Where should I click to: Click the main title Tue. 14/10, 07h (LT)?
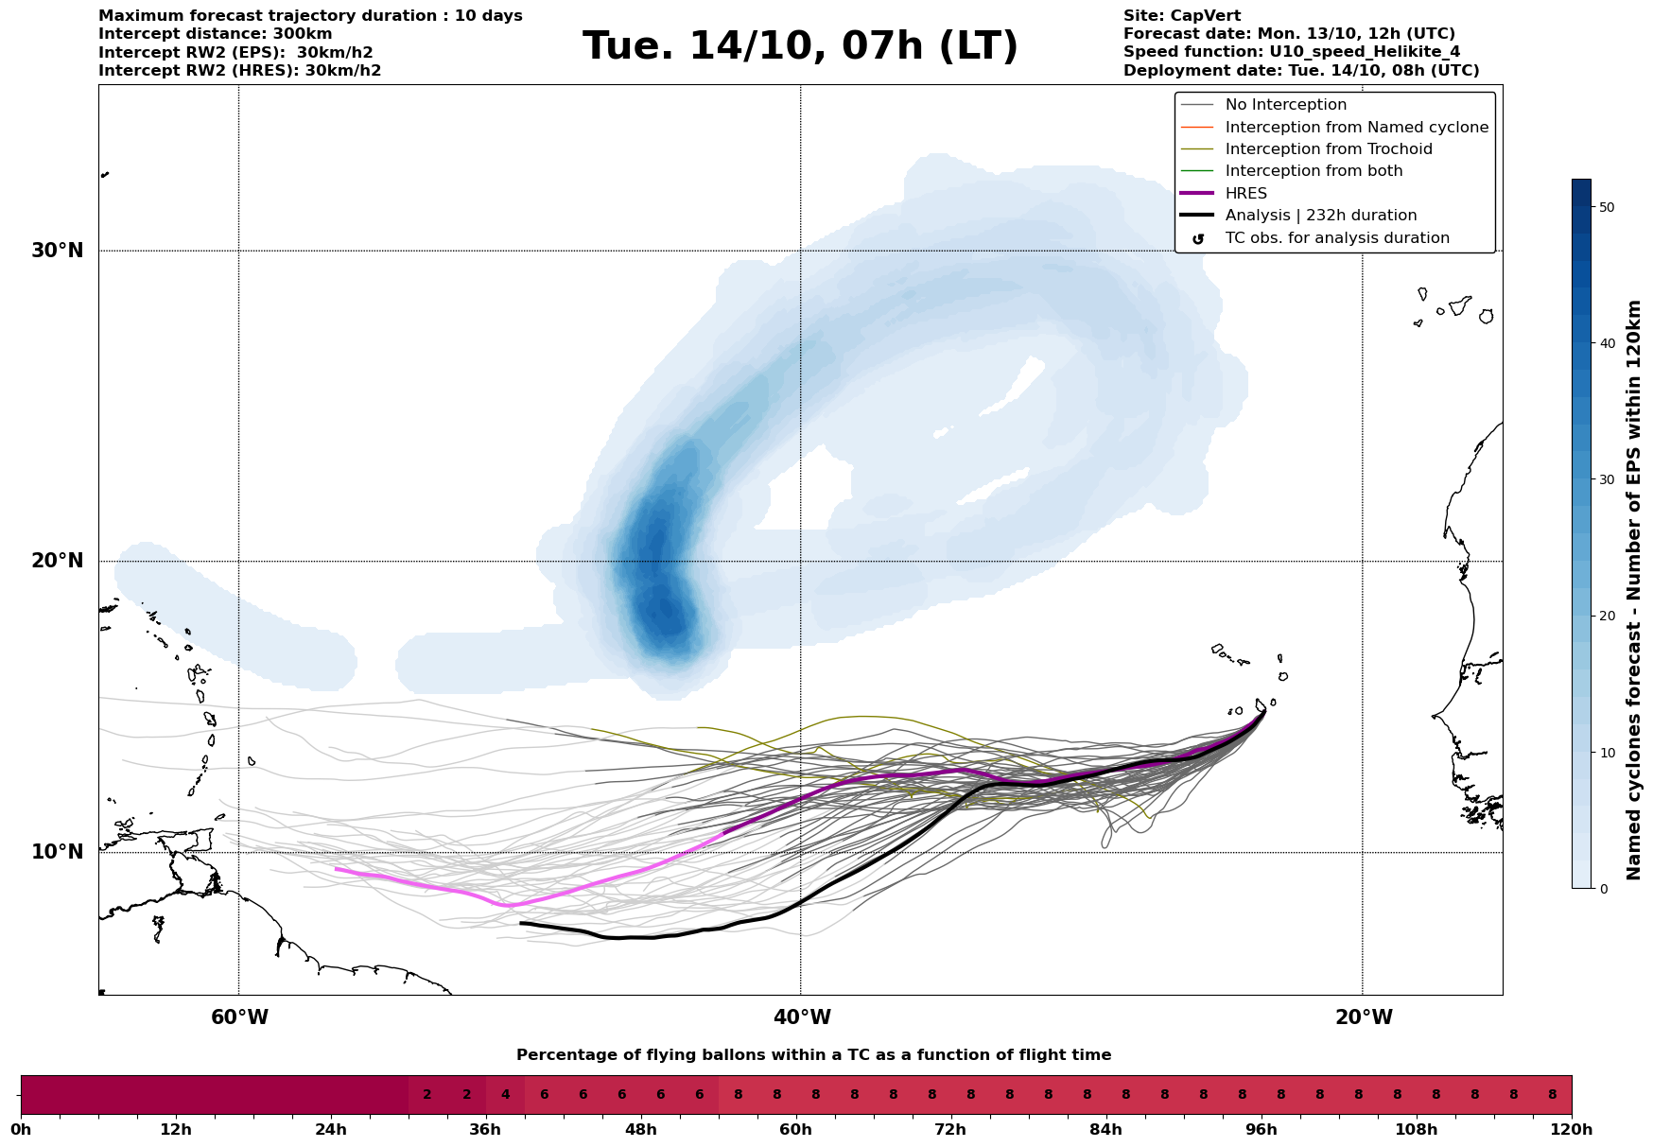click(800, 46)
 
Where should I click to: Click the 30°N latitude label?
click(57, 251)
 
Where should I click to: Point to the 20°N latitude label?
click(57, 561)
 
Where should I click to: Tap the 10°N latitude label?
click(57, 852)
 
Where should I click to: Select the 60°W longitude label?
click(239, 1017)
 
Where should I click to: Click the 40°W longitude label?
click(802, 1017)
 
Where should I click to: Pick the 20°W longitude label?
click(1364, 1017)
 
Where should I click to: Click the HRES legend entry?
click(1245, 194)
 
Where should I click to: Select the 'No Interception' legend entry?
click(1285, 105)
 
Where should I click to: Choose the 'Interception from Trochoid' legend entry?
click(1328, 149)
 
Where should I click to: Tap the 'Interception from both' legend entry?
click(1314, 171)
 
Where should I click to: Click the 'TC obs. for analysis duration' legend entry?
click(1336, 238)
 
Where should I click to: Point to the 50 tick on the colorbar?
click(1607, 207)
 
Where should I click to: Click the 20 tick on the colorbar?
click(1607, 616)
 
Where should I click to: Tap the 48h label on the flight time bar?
click(641, 1130)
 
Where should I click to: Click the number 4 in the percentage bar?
click(505, 1095)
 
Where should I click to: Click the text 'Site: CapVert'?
click(1181, 16)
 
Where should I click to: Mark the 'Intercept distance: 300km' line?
click(215, 34)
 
